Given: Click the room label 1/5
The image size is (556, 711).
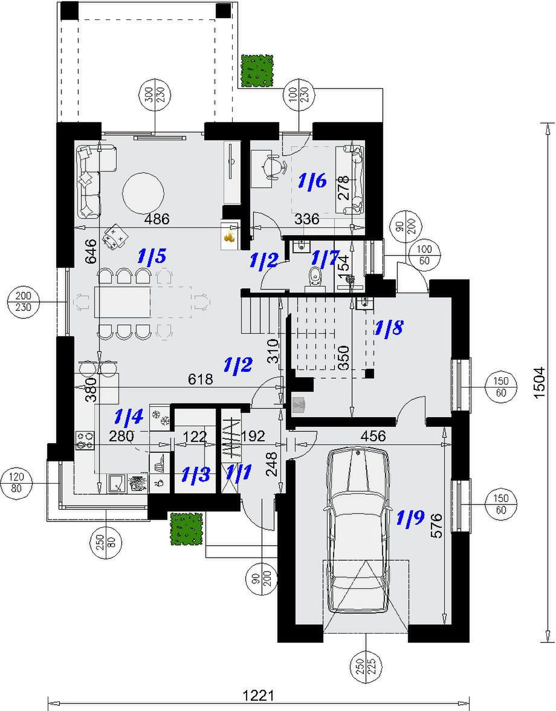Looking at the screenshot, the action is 152,256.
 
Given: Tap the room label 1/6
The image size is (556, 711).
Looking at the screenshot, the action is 312,181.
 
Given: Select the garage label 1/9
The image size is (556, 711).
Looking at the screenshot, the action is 410,518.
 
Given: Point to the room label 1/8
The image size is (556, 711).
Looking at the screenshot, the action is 389,328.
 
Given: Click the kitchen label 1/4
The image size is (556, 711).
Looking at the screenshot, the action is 129,416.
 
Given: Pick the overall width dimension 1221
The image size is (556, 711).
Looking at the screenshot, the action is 258,695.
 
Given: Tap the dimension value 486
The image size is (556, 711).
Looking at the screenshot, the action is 157,219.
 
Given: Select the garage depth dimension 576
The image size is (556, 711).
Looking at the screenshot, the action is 436,525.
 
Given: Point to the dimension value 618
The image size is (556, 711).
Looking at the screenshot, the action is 200,379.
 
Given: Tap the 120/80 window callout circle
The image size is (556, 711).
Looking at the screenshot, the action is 18,482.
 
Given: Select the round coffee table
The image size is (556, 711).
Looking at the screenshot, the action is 143,193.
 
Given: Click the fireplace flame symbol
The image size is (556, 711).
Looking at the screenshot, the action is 230,236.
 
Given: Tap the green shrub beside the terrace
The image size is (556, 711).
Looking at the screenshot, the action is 257,70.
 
